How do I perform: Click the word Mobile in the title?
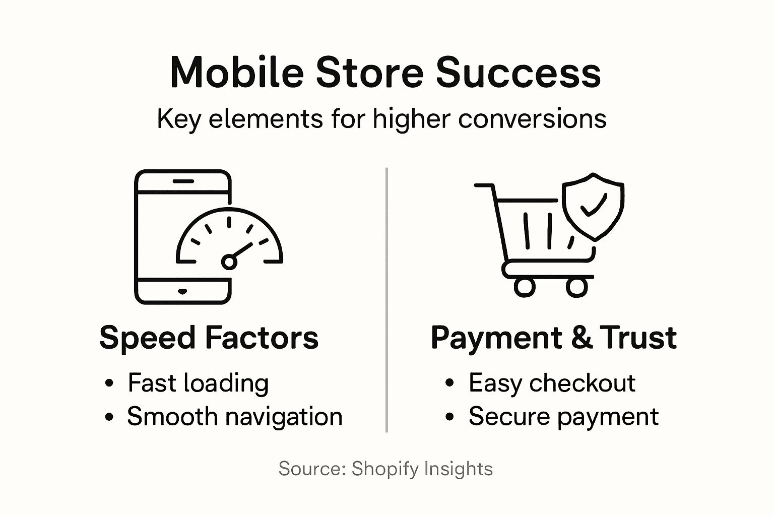click(237, 72)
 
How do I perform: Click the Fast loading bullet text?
click(198, 383)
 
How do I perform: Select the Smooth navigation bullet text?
click(234, 417)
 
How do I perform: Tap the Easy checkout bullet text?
click(552, 383)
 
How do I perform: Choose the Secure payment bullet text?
click(563, 417)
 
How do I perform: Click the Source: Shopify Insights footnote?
click(385, 469)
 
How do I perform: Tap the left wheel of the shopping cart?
click(525, 287)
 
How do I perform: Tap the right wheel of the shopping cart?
click(577, 287)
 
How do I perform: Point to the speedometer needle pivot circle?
click(229, 262)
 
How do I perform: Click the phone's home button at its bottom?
click(182, 292)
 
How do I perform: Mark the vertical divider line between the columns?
click(386, 300)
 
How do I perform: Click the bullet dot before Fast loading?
click(109, 384)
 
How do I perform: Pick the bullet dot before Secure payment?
click(450, 417)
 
